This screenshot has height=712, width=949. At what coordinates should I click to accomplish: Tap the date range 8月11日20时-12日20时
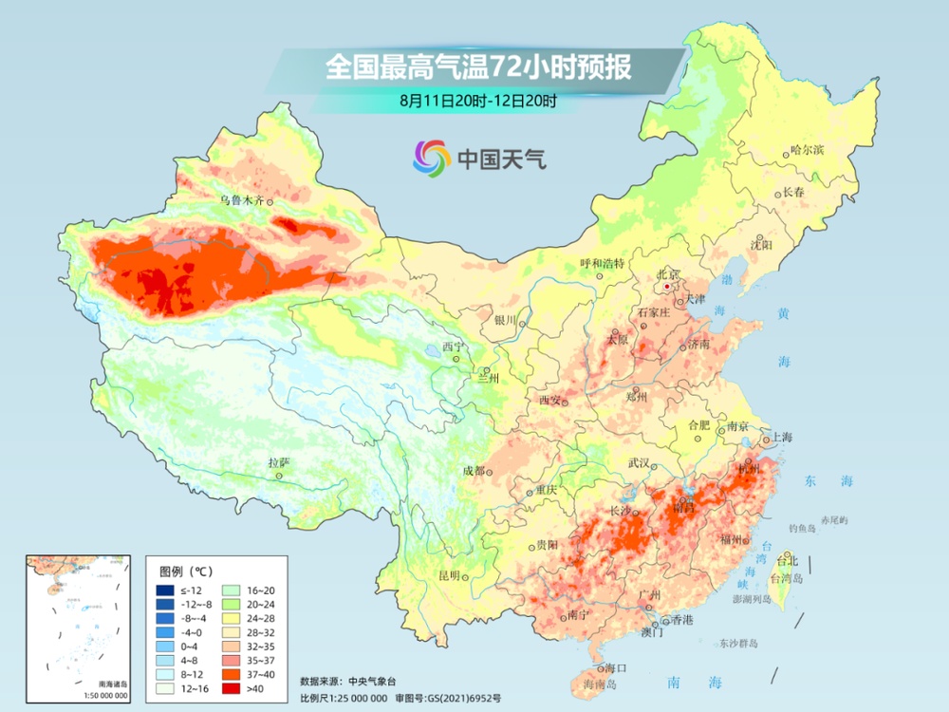point(478,99)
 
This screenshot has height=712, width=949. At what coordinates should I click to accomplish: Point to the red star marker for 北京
point(668,286)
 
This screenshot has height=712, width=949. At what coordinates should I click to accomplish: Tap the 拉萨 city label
point(278,462)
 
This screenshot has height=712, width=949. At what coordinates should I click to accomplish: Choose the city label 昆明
point(448,575)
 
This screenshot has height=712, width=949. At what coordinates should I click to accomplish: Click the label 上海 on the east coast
point(783,437)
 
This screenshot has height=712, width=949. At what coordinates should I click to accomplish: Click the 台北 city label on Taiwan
point(788,561)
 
